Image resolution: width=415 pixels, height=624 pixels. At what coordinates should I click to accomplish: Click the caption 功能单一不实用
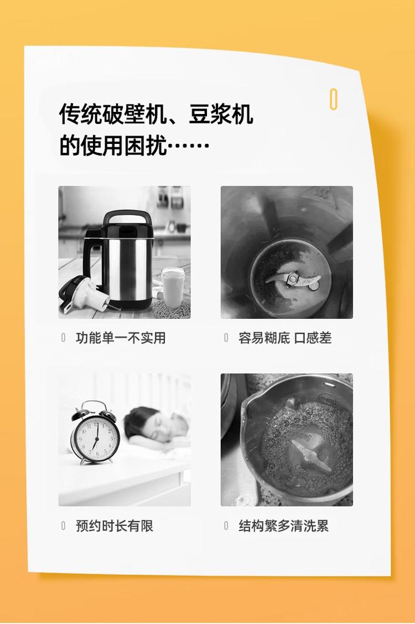(121, 338)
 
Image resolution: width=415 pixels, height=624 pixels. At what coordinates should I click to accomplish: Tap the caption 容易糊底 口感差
(285, 338)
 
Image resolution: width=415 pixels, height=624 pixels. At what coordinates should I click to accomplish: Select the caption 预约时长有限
(115, 525)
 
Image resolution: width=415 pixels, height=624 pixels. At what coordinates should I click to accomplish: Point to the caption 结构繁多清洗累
(284, 525)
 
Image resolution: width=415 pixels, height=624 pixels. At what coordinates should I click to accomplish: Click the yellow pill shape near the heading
(334, 99)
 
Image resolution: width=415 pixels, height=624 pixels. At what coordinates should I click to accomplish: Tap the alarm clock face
(96, 436)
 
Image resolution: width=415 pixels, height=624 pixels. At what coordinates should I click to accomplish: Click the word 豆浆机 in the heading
(220, 115)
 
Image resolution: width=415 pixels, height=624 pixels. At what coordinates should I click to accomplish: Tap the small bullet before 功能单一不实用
(63, 338)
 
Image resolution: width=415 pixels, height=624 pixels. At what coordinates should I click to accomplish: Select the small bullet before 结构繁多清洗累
(226, 525)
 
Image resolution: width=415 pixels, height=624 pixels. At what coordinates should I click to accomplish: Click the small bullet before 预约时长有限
(63, 525)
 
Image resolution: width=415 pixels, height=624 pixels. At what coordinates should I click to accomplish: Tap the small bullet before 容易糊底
(226, 338)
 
